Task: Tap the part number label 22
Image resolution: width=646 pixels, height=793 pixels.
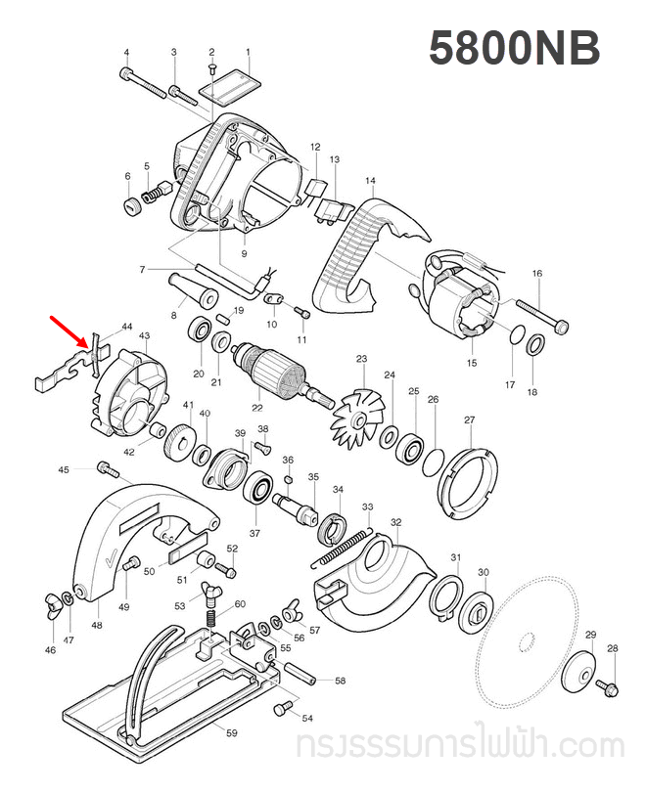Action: [x=257, y=408]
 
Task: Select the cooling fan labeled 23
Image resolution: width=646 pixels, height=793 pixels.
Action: [x=358, y=413]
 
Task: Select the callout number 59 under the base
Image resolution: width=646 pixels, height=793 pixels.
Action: [x=232, y=732]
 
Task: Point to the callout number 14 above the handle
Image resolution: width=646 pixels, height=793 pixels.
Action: [x=370, y=181]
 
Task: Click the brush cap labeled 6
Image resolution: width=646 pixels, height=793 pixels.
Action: [x=128, y=205]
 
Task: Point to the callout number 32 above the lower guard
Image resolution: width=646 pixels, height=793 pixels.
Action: [x=395, y=523]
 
